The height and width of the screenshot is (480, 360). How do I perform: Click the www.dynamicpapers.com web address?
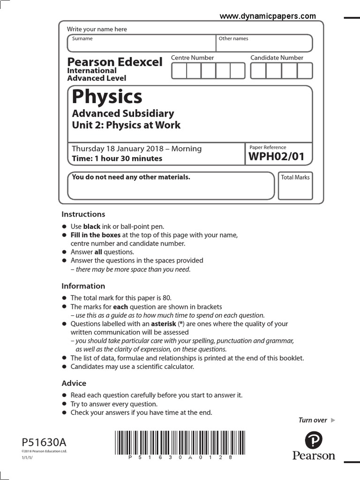268,16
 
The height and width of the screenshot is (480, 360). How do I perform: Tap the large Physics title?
107,97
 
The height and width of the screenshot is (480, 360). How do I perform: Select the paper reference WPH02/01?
276,157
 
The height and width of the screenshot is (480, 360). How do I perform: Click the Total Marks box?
295,186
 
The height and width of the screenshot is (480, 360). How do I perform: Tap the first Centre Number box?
179,71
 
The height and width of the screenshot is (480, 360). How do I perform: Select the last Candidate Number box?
305,71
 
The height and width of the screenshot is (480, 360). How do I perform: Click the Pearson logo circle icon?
314,441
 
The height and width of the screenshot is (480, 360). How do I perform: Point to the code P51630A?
44,442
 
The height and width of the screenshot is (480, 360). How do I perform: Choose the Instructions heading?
83,214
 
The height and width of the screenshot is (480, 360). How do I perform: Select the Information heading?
83,286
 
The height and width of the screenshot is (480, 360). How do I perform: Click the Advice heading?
74,383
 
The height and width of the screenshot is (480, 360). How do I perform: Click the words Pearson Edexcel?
115,61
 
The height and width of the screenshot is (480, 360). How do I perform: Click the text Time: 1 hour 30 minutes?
117,158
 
